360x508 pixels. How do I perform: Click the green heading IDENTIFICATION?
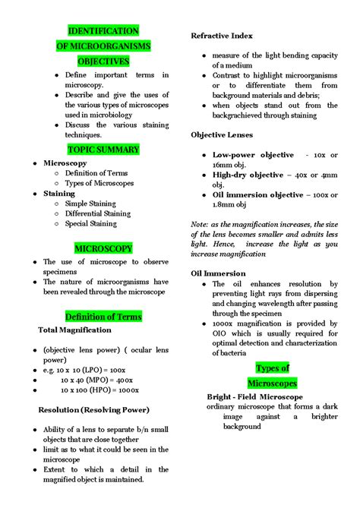point(103,31)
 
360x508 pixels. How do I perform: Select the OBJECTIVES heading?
point(103,61)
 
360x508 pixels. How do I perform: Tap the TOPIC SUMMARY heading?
point(103,149)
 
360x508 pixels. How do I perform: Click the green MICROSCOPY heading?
point(103,248)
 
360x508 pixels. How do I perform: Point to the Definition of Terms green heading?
point(103,316)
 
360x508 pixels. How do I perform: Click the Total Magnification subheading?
point(74,330)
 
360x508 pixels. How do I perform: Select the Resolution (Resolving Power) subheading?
point(93,409)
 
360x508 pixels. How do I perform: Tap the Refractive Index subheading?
point(222,36)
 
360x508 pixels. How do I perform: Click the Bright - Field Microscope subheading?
point(254,396)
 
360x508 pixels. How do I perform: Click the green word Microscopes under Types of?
point(273,383)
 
